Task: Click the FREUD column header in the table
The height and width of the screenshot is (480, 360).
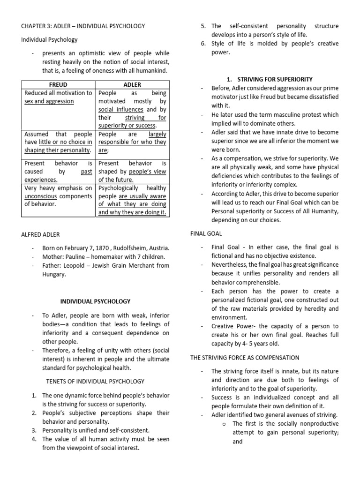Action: [x=59, y=85]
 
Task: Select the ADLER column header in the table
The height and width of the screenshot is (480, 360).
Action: [x=132, y=85]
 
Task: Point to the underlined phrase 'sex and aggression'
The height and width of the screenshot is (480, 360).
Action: [x=49, y=101]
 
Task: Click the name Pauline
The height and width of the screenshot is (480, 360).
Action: [x=74, y=257]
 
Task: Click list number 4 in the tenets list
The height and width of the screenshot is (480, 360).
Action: [x=34, y=439]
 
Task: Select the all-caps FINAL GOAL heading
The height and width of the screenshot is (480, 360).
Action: [x=206, y=233]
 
